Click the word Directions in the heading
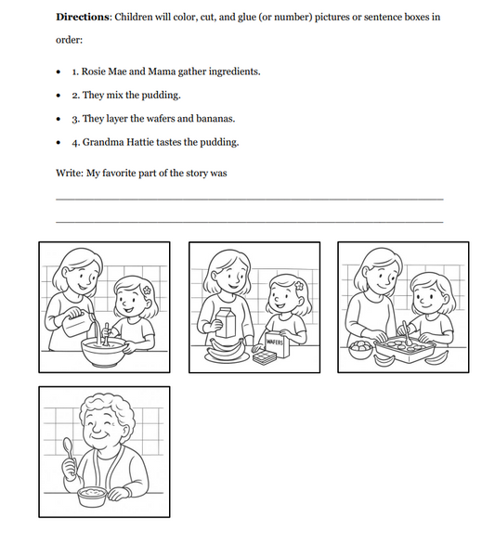click(84, 18)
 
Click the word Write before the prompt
click(69, 174)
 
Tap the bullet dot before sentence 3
click(59, 120)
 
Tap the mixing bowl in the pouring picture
click(104, 349)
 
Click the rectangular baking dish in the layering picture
click(407, 349)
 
